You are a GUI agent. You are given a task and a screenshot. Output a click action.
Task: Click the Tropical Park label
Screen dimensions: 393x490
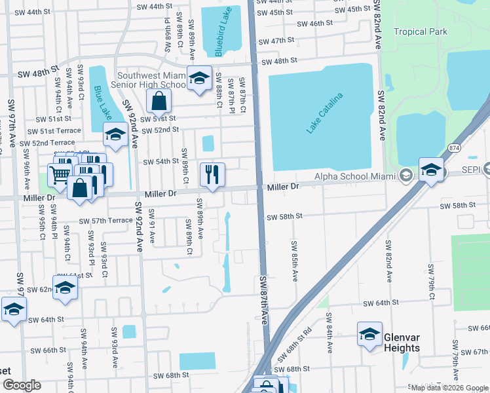click(421, 31)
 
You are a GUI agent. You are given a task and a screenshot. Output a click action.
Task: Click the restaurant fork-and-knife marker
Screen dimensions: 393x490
click(212, 174)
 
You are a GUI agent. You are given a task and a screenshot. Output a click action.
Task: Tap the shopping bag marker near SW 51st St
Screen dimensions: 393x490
click(159, 101)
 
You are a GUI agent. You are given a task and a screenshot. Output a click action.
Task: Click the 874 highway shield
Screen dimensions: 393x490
click(455, 148)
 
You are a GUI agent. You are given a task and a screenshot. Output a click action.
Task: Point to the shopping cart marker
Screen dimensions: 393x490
click(60, 174)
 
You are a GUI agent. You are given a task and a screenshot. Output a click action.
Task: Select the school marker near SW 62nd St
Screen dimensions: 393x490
click(65, 288)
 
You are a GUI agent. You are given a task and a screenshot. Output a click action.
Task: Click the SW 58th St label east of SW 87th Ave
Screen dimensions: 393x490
click(284, 215)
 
